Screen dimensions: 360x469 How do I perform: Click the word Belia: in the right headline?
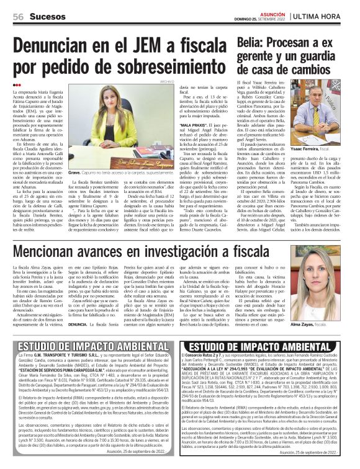point(250,41)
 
